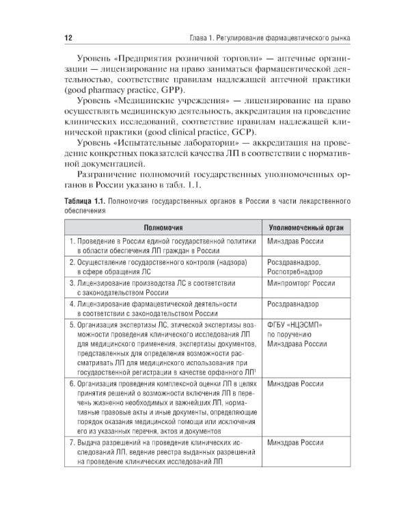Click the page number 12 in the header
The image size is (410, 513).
pos(68,37)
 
